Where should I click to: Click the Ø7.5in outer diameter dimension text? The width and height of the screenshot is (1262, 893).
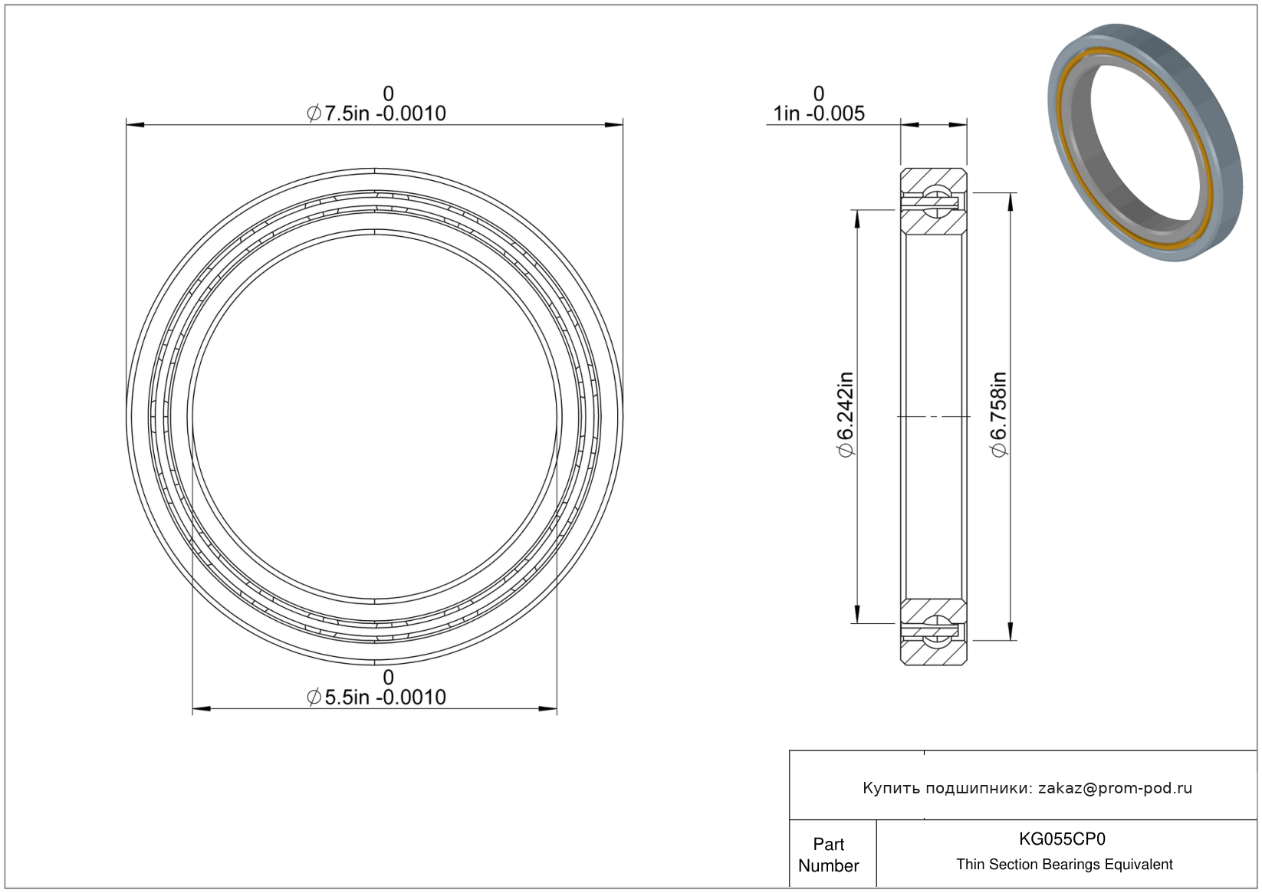pos(376,113)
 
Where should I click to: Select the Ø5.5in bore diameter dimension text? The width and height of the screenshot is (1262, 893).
pos(376,697)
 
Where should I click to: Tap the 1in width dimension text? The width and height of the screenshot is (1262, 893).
pos(819,113)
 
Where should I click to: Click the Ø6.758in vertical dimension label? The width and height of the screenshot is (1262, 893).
pos(998,415)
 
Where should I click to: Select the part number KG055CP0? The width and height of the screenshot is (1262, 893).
pos(1062,839)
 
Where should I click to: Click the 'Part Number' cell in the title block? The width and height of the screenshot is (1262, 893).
pos(828,855)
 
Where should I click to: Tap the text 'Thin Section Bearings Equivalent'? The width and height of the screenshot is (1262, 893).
pos(1064,865)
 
